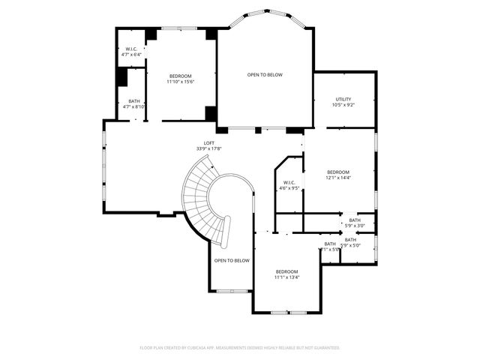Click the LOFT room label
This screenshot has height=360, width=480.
coord(208,142)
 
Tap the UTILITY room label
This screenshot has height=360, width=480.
coord(343,99)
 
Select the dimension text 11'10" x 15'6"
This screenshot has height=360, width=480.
coord(181,82)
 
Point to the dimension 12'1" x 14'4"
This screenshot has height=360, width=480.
coord(337,178)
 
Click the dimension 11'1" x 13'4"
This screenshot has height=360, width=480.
coord(286,277)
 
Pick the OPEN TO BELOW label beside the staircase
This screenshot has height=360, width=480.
coord(232,260)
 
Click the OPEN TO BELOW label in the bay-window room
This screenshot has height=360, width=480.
coord(265,75)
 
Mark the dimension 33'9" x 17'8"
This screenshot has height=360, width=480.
coord(208,148)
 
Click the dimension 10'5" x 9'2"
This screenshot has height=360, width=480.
coord(343,105)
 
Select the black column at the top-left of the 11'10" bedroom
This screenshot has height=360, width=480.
coord(151,34)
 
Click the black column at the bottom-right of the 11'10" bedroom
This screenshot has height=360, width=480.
coord(211,113)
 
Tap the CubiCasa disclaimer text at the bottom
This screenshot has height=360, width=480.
coord(240,348)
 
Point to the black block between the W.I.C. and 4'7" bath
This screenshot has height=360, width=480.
coord(121,77)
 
